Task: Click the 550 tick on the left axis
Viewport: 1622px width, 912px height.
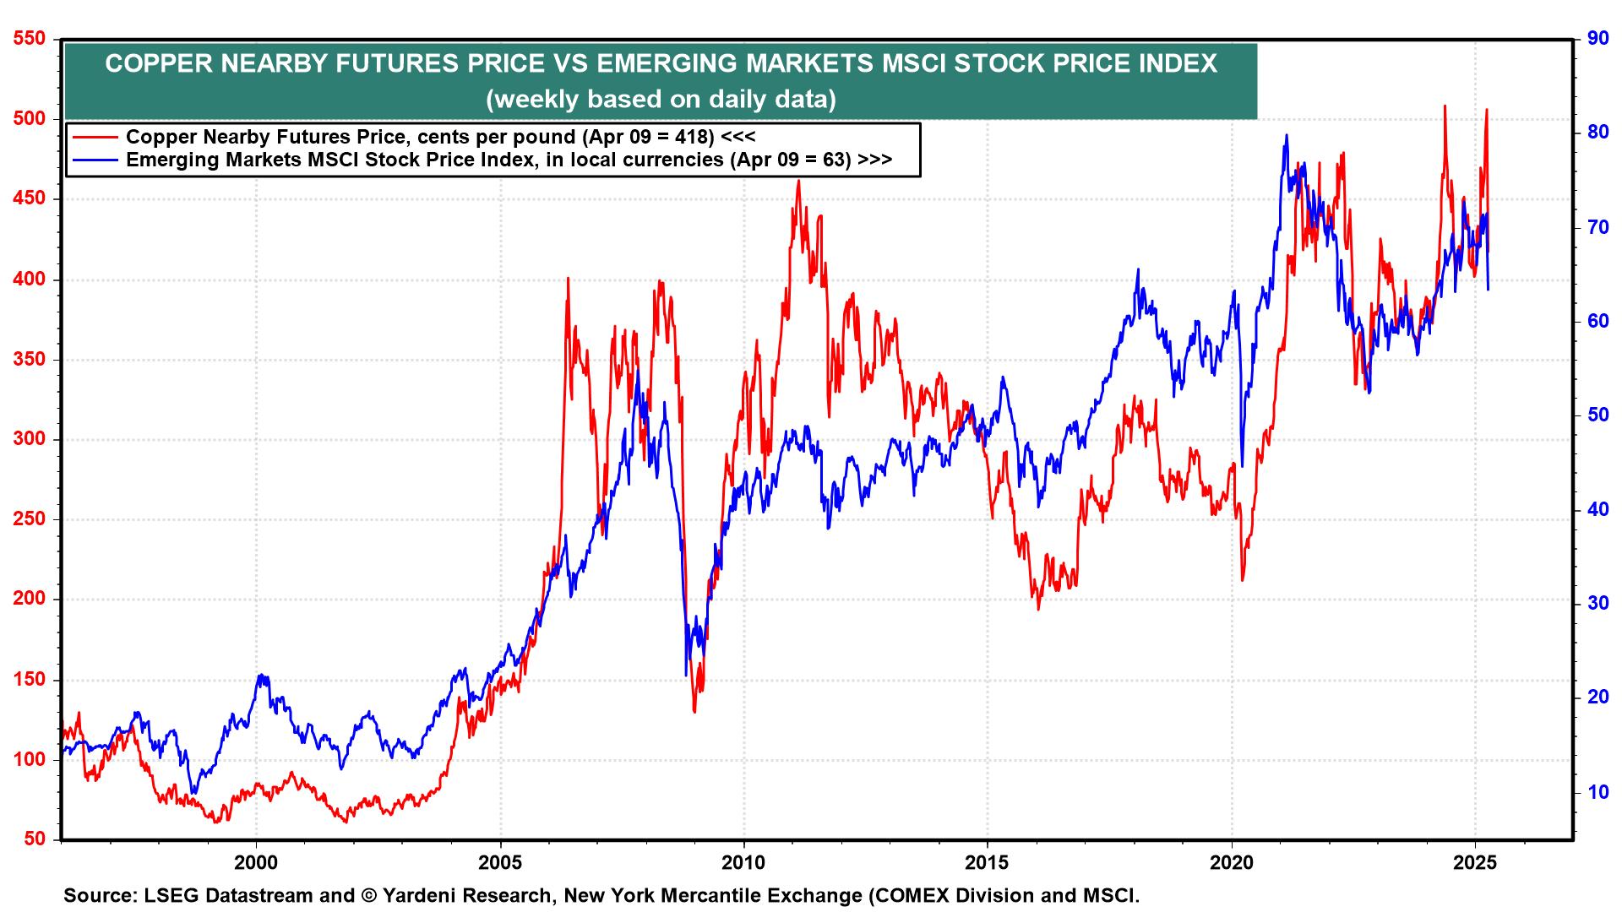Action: pyautogui.click(x=30, y=39)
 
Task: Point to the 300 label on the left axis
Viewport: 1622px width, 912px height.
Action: pyautogui.click(x=30, y=439)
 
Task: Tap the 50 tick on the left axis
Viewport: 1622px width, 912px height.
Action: pyautogui.click(x=35, y=839)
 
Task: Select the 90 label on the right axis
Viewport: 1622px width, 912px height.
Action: pyautogui.click(x=1598, y=39)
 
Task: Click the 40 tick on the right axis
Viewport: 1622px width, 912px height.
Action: pyautogui.click(x=1598, y=509)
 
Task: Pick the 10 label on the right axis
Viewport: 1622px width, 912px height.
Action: pyautogui.click(x=1598, y=792)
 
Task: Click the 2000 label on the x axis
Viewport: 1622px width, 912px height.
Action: pyautogui.click(x=256, y=862)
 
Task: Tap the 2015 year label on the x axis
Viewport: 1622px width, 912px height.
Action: pyautogui.click(x=987, y=862)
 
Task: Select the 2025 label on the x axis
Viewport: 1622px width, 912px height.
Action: pyautogui.click(x=1474, y=862)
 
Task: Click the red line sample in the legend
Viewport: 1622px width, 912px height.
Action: pyautogui.click(x=95, y=137)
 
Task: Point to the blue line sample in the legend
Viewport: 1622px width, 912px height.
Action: pyautogui.click(x=95, y=160)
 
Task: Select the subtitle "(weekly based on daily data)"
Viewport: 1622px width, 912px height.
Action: pyautogui.click(x=661, y=100)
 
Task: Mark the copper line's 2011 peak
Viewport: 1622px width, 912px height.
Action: pyautogui.click(x=798, y=181)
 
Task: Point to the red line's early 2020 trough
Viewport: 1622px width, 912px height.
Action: pyautogui.click(x=1242, y=579)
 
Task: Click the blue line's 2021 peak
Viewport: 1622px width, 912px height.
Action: pyautogui.click(x=1286, y=135)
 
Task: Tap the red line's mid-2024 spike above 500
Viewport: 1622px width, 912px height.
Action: pyautogui.click(x=1445, y=106)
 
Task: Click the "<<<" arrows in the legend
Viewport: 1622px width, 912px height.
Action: pyautogui.click(x=738, y=137)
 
